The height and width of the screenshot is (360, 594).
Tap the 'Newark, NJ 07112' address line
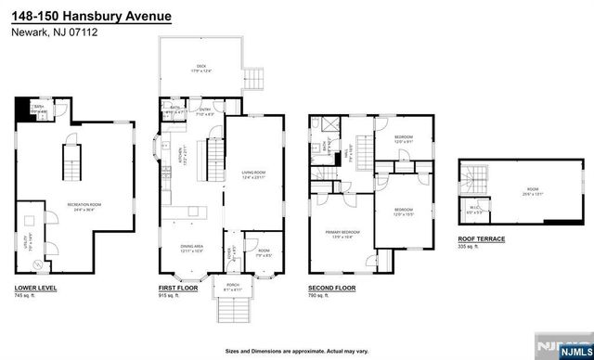click(54, 32)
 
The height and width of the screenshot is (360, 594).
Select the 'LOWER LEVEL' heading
click(36, 289)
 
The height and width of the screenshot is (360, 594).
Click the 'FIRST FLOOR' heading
click(178, 289)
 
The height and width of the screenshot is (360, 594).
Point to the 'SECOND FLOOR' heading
click(332, 289)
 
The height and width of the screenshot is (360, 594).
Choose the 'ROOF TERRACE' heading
click(481, 239)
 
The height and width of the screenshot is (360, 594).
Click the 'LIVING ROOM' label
click(254, 173)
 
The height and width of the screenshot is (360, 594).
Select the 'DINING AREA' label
click(193, 246)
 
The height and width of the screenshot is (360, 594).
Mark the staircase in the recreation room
click(71, 166)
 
